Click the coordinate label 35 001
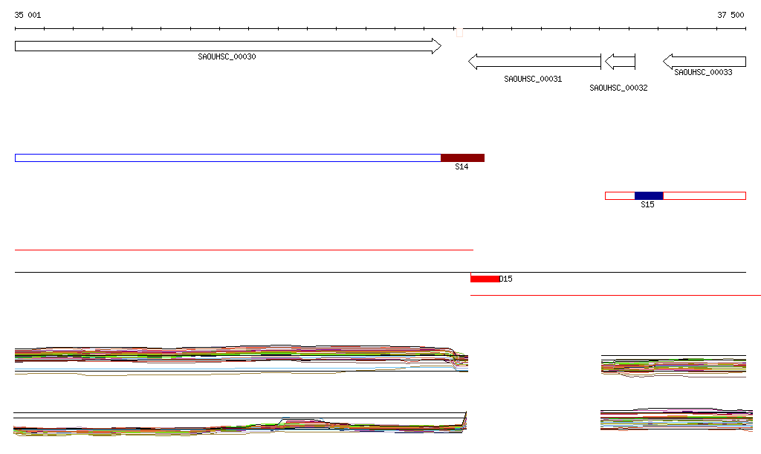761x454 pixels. [x=27, y=15]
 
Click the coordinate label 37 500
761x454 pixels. [x=731, y=15]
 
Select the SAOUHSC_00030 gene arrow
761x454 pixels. [x=228, y=46]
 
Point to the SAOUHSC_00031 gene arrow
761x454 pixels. [x=534, y=62]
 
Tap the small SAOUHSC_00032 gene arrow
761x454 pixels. [x=621, y=62]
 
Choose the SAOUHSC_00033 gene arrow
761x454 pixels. [x=705, y=62]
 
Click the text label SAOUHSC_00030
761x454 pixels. [x=227, y=56]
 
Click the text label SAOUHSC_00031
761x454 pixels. [x=533, y=79]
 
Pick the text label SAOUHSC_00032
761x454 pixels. [x=618, y=88]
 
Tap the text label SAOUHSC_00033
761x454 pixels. [x=703, y=72]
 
